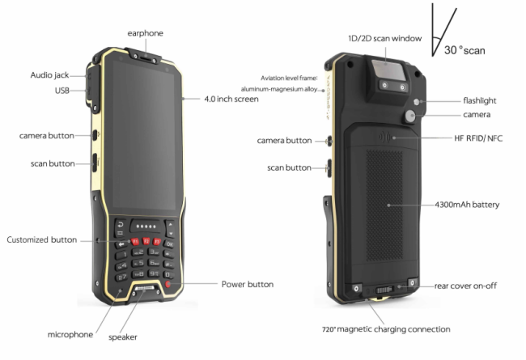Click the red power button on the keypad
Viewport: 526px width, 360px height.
pos(168,285)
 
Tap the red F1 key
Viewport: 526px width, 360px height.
pos(135,241)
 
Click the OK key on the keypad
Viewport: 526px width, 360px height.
pos(169,244)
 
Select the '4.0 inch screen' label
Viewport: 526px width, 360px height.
pos(231,99)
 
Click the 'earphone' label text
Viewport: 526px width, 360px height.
pos(145,33)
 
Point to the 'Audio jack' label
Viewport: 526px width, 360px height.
pos(49,75)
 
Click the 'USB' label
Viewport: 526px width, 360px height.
pos(62,91)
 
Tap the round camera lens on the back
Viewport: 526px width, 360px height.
pos(410,116)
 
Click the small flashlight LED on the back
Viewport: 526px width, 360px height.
pos(416,102)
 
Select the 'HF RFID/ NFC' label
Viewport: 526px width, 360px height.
pos(478,138)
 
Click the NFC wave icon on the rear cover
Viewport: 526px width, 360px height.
pos(384,138)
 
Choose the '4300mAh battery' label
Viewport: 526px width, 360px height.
pos(467,205)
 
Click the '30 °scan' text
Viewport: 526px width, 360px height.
pos(464,51)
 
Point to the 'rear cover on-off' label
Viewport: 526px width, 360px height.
pos(465,286)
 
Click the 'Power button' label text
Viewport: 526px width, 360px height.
pos(248,285)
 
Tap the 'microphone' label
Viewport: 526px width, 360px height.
pos(70,334)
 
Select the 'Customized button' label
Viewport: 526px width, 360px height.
pos(42,240)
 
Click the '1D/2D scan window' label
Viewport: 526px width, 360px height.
pos(384,39)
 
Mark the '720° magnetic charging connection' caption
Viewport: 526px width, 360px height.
pos(386,329)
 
